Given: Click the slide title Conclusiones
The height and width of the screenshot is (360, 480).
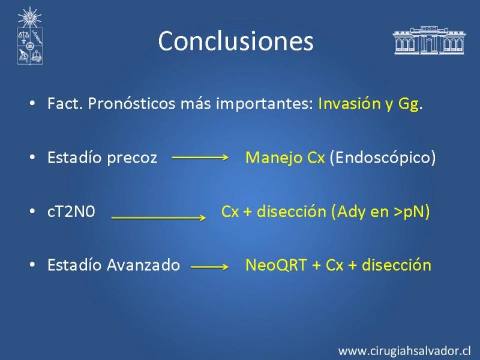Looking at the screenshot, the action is [236, 41].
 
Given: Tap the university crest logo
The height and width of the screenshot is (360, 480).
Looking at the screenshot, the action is [29, 36].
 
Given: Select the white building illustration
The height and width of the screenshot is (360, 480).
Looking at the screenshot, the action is [429, 40].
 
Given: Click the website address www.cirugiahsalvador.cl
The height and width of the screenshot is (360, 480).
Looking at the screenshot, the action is [404, 351].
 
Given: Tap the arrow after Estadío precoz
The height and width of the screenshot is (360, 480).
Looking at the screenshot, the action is [200, 157].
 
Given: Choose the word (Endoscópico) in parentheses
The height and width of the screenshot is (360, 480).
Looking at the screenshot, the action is [383, 158].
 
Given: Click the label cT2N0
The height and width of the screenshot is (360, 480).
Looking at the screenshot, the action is [71, 212].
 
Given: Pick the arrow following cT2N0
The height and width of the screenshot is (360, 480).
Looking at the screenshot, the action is [158, 218].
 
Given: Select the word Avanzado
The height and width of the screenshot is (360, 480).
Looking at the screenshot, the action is [143, 265].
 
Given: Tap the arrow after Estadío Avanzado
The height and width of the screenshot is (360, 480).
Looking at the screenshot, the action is [209, 267].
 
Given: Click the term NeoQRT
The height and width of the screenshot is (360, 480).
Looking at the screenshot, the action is [276, 265].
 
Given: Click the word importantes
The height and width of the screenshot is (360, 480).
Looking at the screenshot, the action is [265, 104].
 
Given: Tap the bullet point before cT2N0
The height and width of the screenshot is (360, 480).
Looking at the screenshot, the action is [32, 211].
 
